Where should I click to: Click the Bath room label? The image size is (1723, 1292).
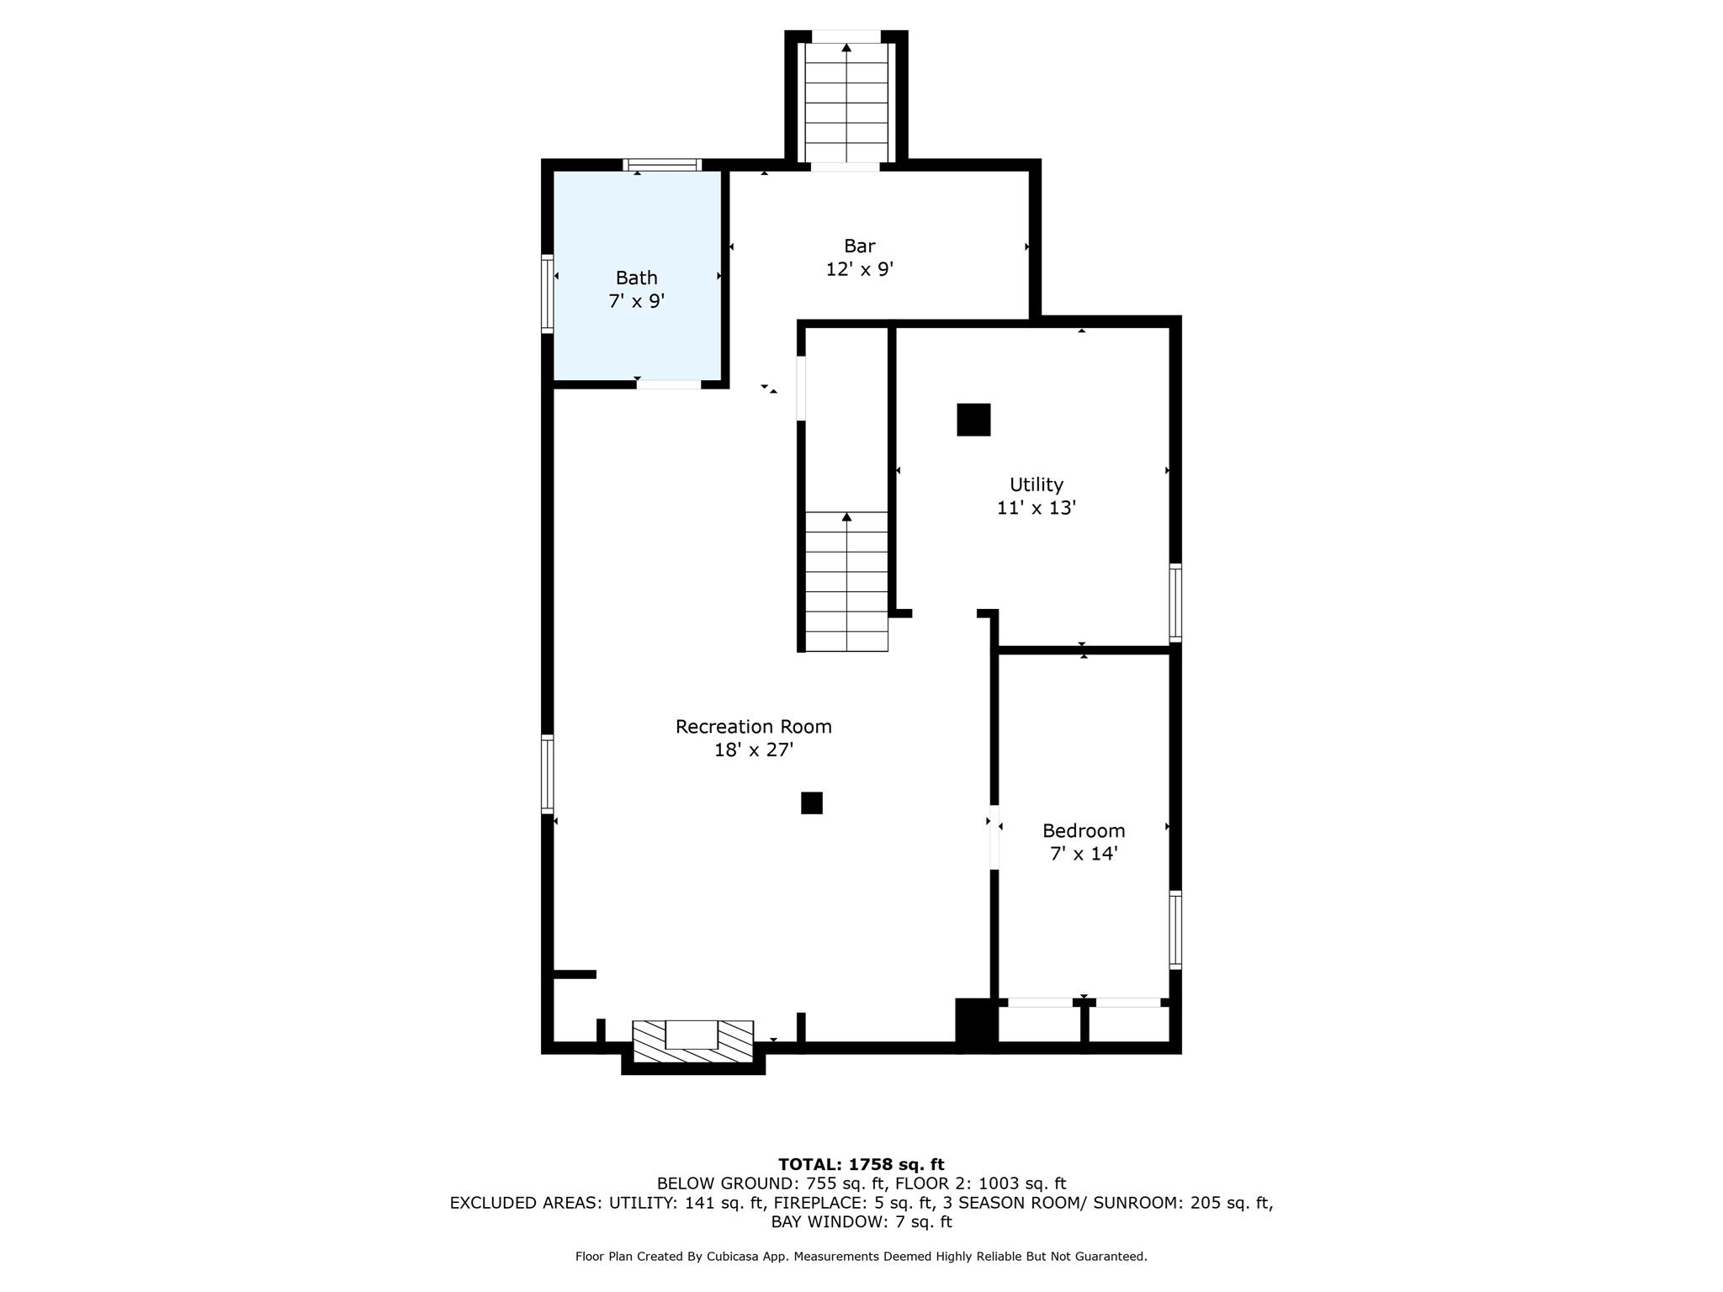[x=636, y=278]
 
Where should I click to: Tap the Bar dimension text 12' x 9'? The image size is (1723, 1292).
[x=859, y=269]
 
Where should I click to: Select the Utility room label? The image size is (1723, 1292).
[x=1036, y=484]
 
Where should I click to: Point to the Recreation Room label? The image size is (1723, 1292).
[x=753, y=726]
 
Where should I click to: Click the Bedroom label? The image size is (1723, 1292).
[x=1084, y=830]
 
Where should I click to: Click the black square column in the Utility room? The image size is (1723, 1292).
[x=973, y=420]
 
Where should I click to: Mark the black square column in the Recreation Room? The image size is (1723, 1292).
[x=811, y=803]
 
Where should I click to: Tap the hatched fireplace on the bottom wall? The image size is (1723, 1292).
[x=692, y=1041]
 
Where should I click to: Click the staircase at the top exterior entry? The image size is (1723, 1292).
[x=846, y=102]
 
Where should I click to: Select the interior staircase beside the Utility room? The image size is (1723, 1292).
[x=846, y=581]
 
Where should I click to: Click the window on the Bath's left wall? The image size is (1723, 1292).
[x=547, y=294]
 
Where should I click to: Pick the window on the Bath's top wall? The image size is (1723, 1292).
[x=662, y=165]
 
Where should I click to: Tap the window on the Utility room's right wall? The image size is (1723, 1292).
[x=1175, y=603]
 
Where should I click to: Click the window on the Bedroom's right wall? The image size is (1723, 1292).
[x=1175, y=929]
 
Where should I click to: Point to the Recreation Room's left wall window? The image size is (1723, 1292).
[x=547, y=774]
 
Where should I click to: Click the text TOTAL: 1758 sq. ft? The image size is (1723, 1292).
[x=861, y=1164]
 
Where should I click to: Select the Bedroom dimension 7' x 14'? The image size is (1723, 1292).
[x=1084, y=854]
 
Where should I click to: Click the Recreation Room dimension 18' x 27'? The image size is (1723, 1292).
[x=754, y=749]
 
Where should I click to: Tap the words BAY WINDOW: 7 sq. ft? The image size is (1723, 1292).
[x=861, y=1221]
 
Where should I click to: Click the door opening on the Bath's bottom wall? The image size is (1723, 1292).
[x=668, y=384]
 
